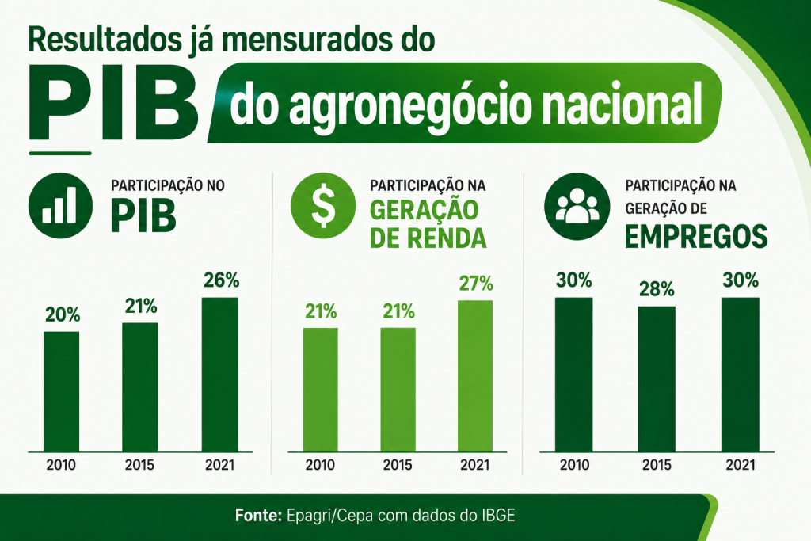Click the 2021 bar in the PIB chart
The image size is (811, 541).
point(220,375)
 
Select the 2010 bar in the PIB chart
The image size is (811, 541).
point(62,391)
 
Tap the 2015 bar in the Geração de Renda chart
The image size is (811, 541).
point(398,390)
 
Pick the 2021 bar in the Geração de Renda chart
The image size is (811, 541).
point(475,376)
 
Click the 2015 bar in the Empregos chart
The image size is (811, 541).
point(657,379)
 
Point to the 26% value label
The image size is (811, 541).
point(222,280)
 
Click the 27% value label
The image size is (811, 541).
point(476,284)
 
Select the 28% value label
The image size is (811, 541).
point(657,289)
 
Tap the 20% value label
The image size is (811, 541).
point(63,314)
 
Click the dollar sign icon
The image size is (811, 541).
point(323,205)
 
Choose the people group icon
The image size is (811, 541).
point(577,206)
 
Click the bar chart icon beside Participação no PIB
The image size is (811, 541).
point(60,205)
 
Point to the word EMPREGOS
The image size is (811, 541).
point(696,237)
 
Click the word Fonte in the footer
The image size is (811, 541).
point(258,516)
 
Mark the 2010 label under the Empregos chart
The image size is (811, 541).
point(574,464)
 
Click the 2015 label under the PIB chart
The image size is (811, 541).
point(139,464)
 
